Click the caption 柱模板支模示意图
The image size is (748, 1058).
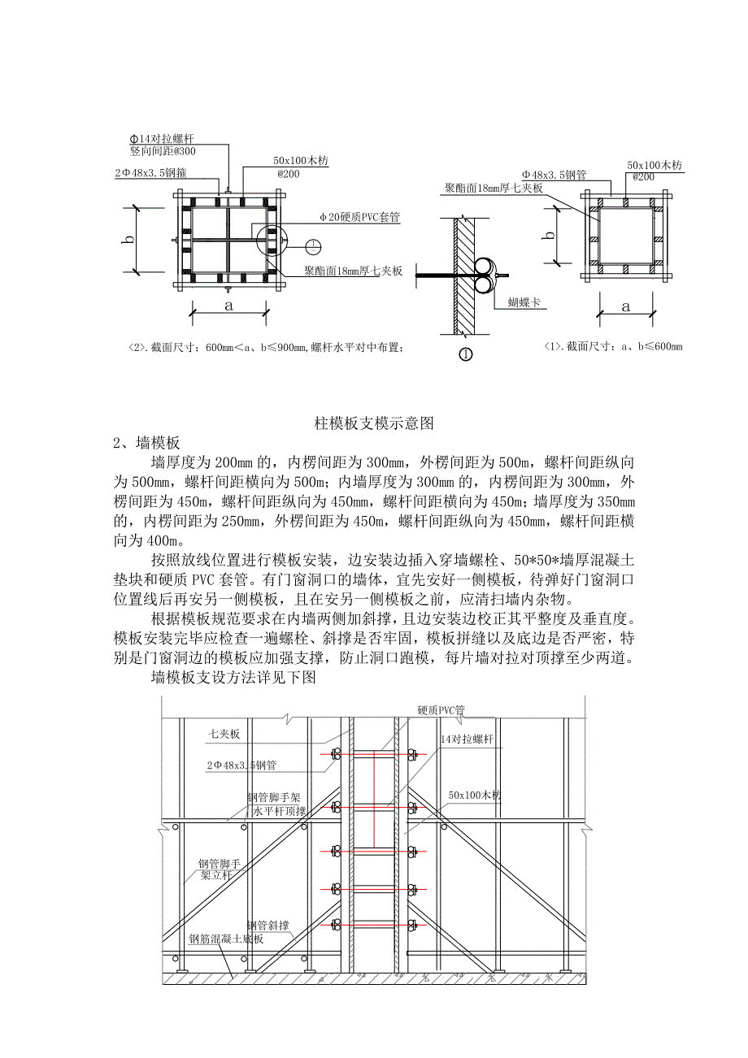374,423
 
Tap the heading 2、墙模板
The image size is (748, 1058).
146,443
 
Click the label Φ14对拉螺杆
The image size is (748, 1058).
162,139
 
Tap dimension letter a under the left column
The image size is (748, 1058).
228,305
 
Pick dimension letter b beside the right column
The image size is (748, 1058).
551,235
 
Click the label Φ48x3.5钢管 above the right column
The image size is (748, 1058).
554,175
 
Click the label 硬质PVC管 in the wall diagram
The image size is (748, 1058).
441,709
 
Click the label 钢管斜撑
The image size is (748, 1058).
268,926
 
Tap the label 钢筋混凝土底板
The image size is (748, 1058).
227,939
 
